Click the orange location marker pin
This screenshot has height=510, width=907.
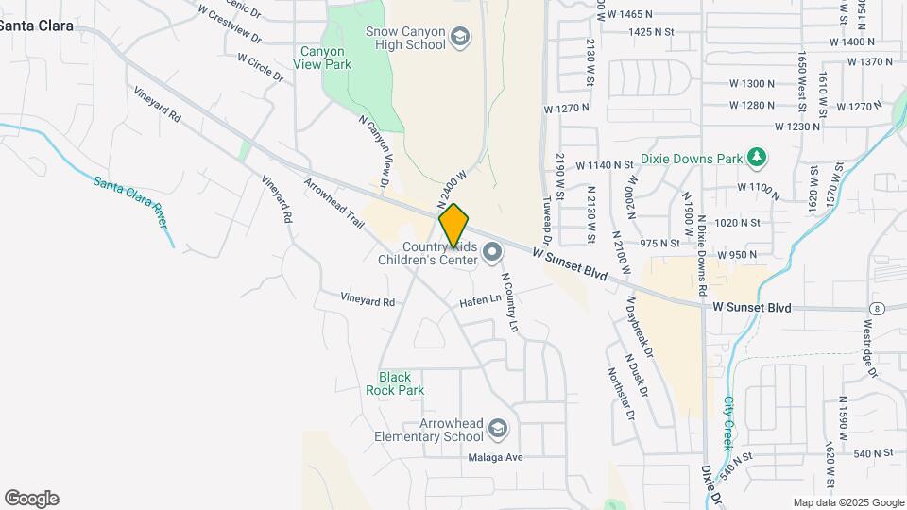click(453, 225)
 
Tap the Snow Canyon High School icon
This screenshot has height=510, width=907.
click(460, 38)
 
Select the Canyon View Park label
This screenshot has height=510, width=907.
click(325, 58)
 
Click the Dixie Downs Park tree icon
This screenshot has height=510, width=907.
click(755, 157)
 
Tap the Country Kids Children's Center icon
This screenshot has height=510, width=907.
click(491, 252)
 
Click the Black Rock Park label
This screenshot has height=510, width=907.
click(402, 383)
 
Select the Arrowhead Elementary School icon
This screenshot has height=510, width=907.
click(498, 431)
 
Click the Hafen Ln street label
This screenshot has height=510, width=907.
click(480, 301)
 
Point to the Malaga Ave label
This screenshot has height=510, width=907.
click(495, 457)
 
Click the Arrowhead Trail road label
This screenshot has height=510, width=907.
click(334, 203)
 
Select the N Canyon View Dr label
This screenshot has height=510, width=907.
click(374, 151)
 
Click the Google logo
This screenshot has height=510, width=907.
click(31, 498)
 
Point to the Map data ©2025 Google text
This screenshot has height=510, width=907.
click(847, 502)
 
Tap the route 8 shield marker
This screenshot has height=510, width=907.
click(878, 308)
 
